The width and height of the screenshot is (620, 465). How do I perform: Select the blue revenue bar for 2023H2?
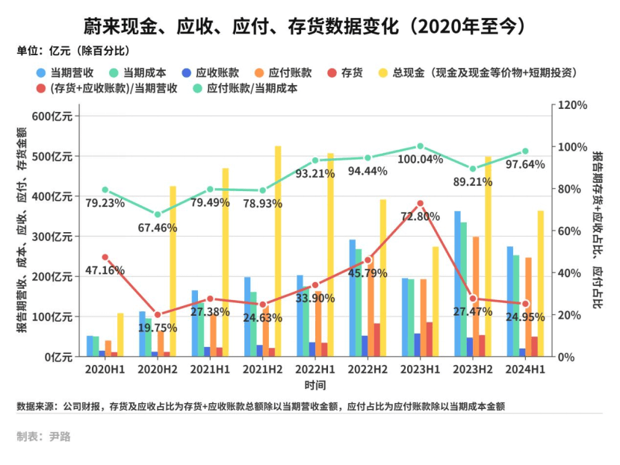point(458,284)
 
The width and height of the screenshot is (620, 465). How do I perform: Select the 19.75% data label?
point(156,327)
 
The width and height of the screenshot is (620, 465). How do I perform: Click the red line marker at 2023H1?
point(420,203)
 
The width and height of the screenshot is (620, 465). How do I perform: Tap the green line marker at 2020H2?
point(157,214)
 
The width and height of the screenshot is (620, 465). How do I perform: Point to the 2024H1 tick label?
point(524,369)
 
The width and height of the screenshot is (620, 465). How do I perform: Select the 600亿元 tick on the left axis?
point(52,116)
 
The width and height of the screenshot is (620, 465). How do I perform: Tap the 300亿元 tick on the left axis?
point(52,237)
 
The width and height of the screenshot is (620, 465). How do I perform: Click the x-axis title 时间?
point(314,385)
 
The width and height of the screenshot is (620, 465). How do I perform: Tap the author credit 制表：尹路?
point(43,437)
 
